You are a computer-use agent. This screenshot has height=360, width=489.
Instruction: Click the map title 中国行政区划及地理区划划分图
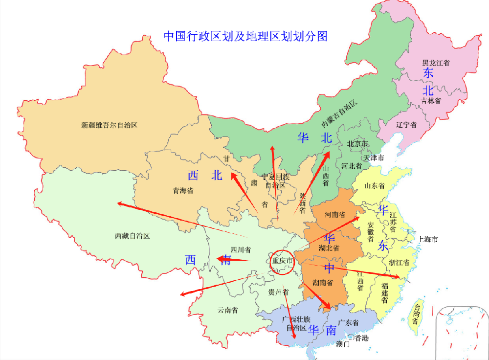[245, 36]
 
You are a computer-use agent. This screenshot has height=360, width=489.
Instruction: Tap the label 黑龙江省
[436, 63]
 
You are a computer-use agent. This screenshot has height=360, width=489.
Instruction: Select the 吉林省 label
[431, 101]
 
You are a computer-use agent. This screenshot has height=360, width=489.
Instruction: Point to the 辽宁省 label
[406, 125]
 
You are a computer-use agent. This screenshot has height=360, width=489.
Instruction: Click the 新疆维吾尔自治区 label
[110, 125]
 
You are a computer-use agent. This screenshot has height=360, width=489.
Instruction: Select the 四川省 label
[241, 250]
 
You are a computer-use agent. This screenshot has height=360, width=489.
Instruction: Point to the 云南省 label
[227, 310]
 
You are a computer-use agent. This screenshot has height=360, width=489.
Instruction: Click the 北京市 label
[357, 144]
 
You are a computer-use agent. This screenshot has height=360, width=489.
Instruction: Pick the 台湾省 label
[416, 315]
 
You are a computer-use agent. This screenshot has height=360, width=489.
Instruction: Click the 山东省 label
[375, 186]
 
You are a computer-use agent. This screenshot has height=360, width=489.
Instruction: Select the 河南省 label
[335, 215]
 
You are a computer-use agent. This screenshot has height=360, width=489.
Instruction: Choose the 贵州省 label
[277, 292]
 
